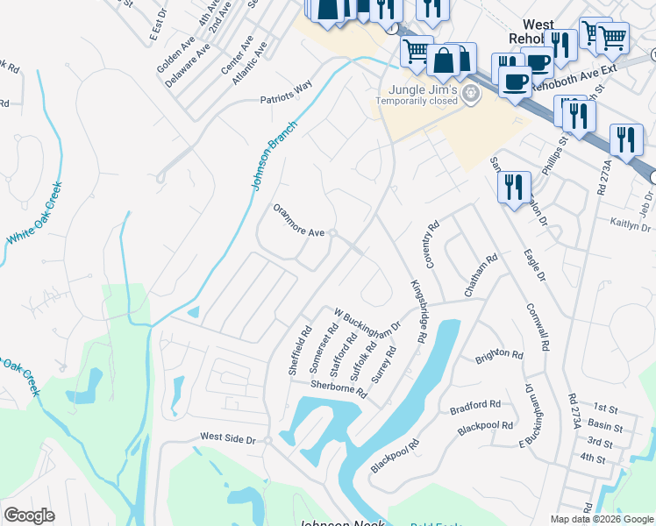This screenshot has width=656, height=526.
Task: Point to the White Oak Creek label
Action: coord(34,214)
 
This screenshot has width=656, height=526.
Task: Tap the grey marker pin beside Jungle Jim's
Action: coord(472,94)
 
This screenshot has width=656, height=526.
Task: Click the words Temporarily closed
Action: coord(417,101)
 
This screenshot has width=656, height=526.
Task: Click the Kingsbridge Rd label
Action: coord(417,311)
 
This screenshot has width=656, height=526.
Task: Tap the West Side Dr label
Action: coord(226,437)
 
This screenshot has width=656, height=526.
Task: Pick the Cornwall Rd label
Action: coord(537,327)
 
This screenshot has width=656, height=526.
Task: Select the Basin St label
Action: coord(606,427)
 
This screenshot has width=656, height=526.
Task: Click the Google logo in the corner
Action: coord(29,515)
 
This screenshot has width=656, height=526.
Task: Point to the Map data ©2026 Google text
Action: coord(602,519)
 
